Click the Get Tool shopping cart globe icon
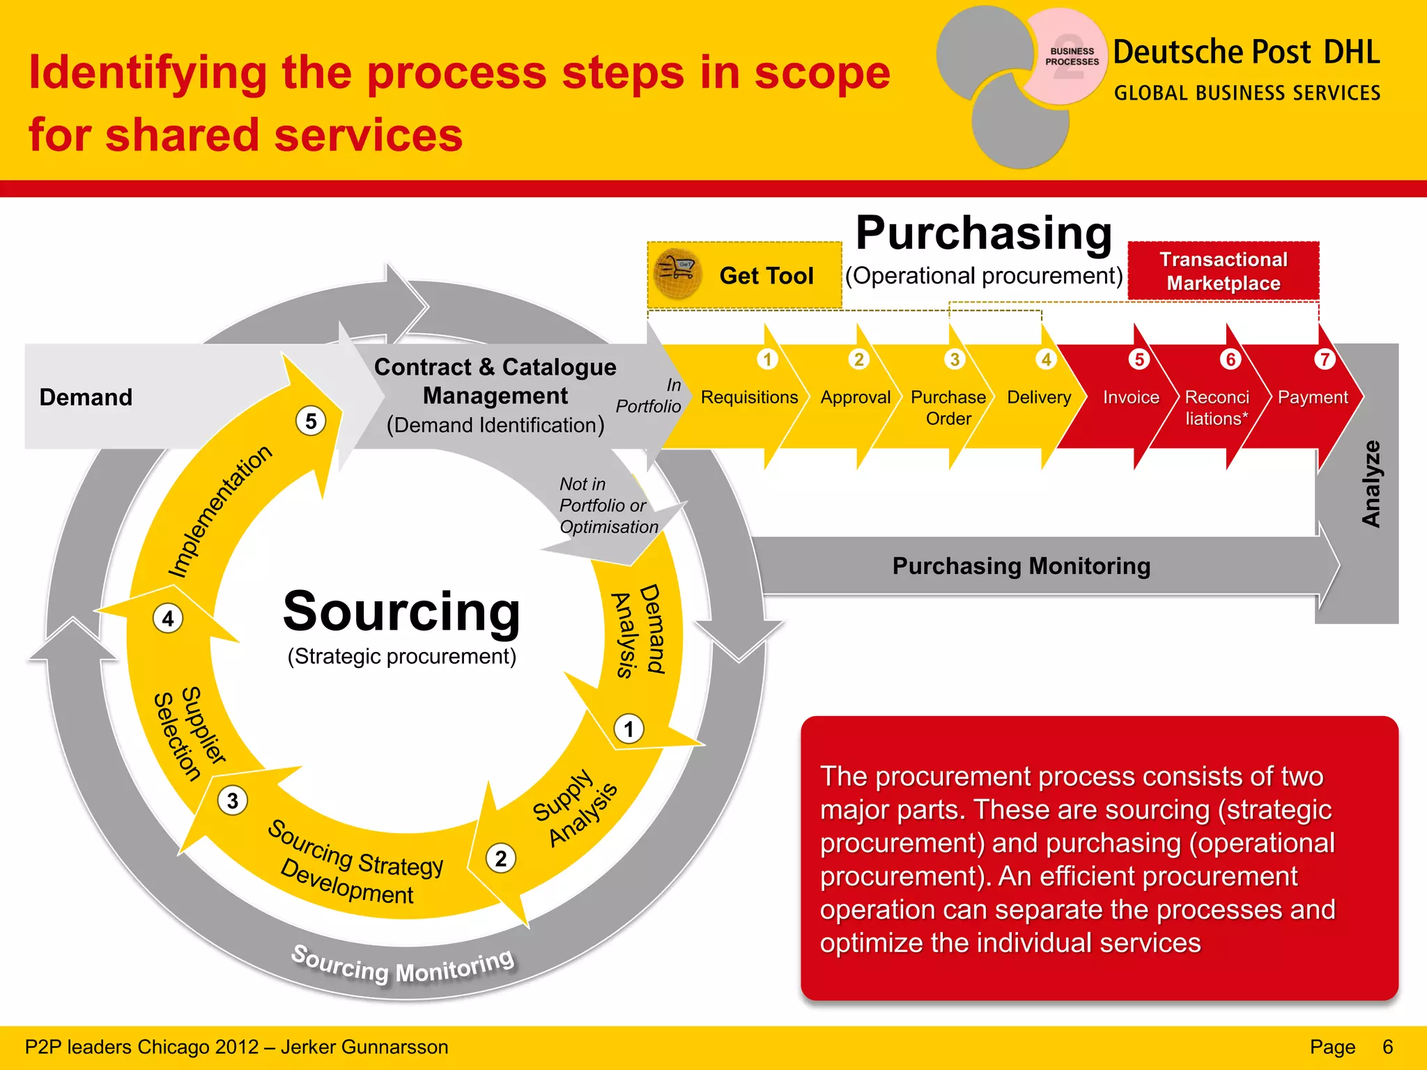677,274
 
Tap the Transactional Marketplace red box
1223,271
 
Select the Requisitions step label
749,397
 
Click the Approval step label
855,397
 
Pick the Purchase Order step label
948,408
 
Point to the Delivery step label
1039,397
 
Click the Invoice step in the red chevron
1130,397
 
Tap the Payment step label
1312,397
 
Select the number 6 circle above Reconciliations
1231,359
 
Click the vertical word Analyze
1371,483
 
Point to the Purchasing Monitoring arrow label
1021,566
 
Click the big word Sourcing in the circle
401,611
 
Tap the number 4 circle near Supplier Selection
168,618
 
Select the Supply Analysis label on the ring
575,809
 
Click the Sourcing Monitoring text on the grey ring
402,966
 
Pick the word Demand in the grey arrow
86,397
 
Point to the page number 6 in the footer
1387,1047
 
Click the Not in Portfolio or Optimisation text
608,505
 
